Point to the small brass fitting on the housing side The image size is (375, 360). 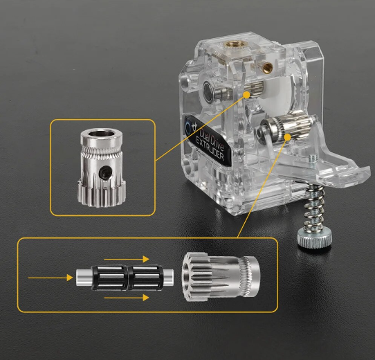266,66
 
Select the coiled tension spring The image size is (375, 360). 314,206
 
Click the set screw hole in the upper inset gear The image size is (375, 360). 105,172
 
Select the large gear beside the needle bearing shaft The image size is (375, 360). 221,276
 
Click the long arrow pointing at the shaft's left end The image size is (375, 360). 51,278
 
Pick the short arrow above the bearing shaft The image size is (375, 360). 127,259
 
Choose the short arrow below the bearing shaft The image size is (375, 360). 127,298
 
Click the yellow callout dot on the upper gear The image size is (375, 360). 246,95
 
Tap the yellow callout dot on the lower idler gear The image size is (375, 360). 287,137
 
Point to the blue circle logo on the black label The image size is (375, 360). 188,125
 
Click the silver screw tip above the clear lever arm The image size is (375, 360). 311,159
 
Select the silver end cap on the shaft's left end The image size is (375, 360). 84,278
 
